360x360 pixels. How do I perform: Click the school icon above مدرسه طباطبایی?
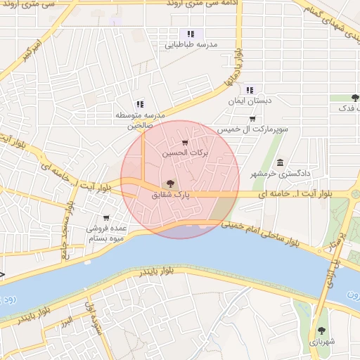pos(189,33)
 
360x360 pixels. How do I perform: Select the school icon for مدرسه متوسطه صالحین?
pos(139,104)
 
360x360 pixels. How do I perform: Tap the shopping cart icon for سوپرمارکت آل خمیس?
pos(252,119)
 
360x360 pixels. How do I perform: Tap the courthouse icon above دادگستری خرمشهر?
pos(281,162)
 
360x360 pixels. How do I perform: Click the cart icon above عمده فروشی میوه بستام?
pos(106,218)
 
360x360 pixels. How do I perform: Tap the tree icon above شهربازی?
pos(321,329)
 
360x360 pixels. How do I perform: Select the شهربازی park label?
pos(322,341)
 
